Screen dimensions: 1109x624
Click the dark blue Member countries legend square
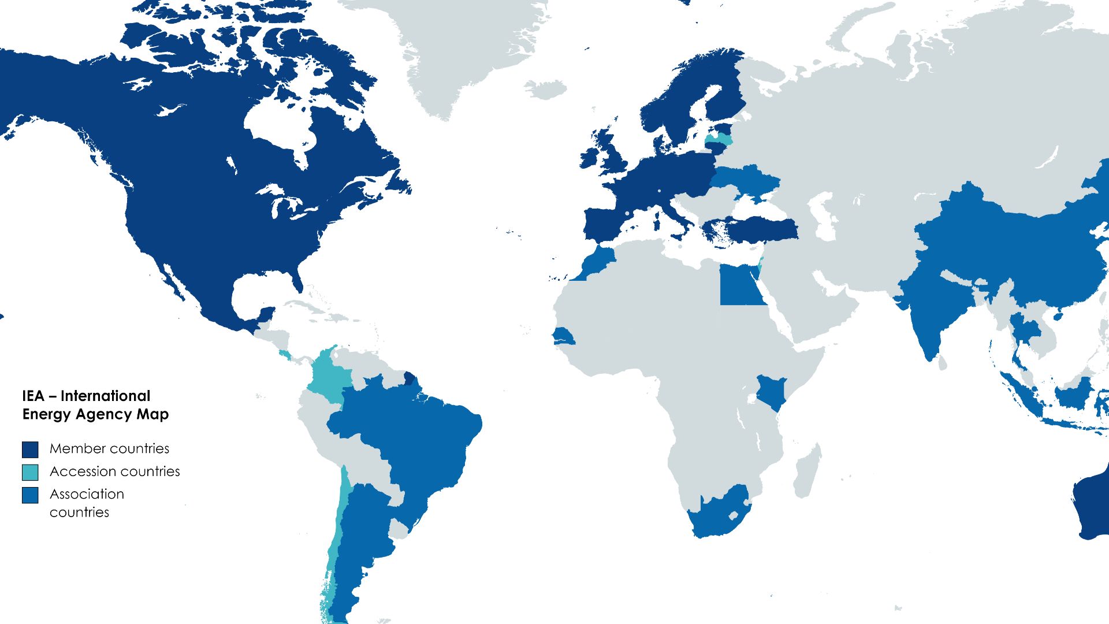(30, 450)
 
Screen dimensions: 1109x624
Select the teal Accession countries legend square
(30, 472)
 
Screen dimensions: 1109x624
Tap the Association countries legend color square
(30, 495)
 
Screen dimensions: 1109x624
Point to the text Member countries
(109, 449)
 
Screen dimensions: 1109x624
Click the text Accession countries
(114, 471)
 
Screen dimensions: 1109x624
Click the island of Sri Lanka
(942, 363)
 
